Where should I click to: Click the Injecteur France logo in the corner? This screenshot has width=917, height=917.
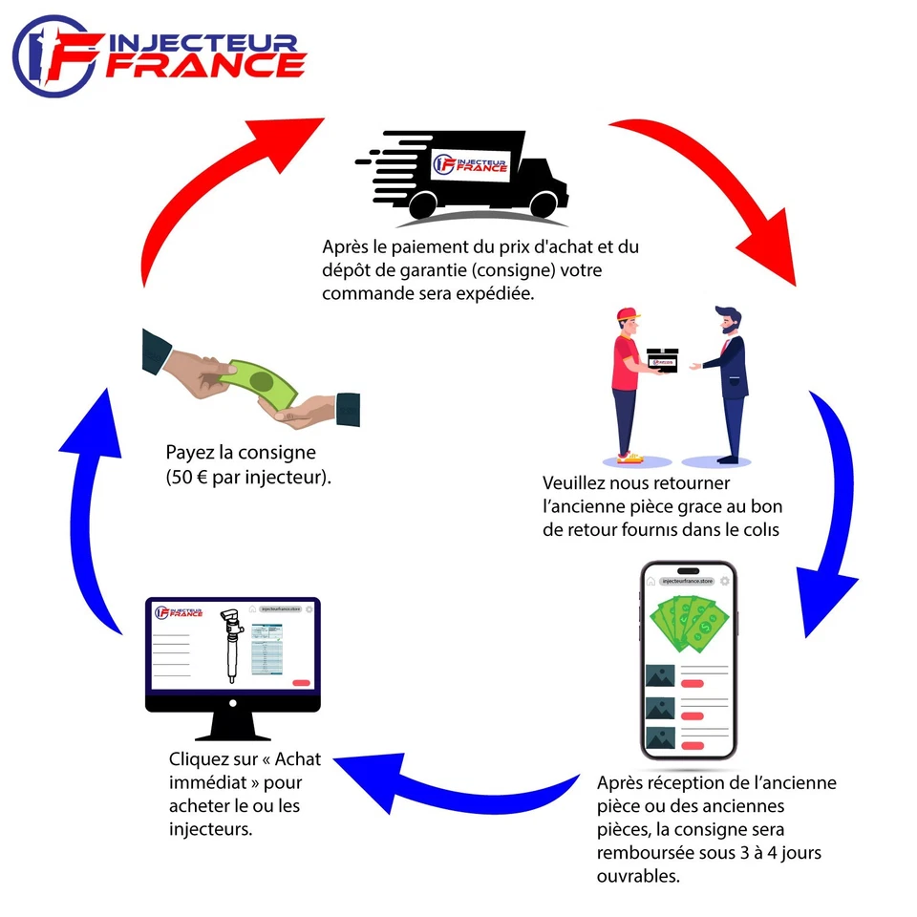pyautogui.click(x=158, y=55)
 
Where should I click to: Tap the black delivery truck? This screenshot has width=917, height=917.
pyautogui.click(x=468, y=172)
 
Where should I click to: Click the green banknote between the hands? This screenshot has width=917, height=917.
pyautogui.click(x=260, y=385)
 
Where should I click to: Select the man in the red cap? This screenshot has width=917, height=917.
pyautogui.click(x=626, y=382)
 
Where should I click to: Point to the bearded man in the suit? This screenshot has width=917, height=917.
pyautogui.click(x=728, y=382)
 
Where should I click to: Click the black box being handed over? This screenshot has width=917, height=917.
pyautogui.click(x=662, y=361)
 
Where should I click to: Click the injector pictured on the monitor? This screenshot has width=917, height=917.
pyautogui.click(x=229, y=645)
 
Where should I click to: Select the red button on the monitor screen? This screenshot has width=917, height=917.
pyautogui.click(x=302, y=682)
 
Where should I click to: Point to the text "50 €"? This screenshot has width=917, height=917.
pyautogui.click(x=189, y=477)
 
